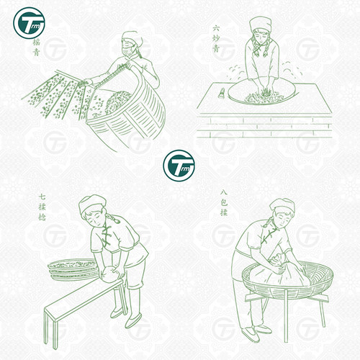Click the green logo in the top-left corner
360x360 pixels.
(27, 24)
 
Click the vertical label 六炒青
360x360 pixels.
(215, 37)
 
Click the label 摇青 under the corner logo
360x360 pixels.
(26, 53)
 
